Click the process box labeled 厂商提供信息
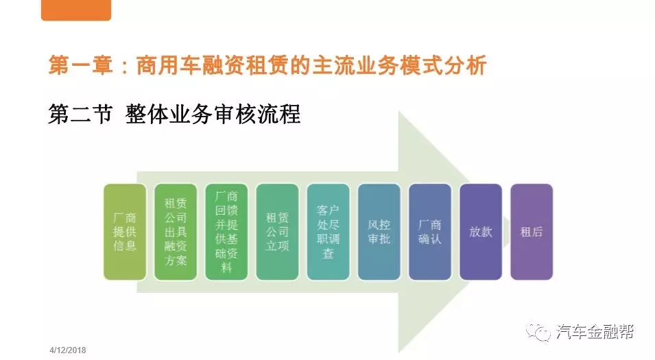(125, 232)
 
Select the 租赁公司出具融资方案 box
(176, 232)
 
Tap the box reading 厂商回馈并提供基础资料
(226, 232)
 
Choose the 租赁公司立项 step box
(277, 232)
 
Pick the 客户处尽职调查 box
(329, 232)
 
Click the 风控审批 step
(379, 232)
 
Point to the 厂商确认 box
(430, 232)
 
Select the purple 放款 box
(481, 232)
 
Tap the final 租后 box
(532, 232)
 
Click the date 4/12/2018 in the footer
(68, 350)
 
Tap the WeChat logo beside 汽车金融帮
(538, 331)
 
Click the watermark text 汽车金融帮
(595, 332)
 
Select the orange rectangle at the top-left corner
(76, 10)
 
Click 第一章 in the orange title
(81, 66)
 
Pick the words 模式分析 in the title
(443, 66)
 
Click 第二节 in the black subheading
(81, 114)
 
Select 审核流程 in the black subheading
(257, 114)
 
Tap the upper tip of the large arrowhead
(399, 112)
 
